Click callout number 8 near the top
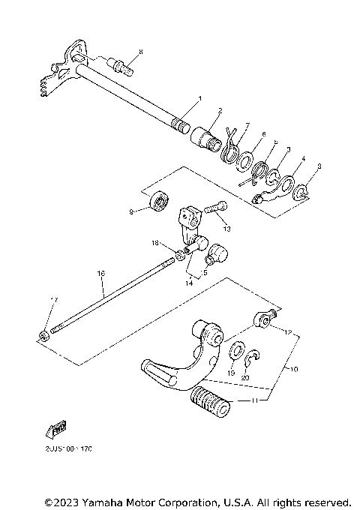click(x=140, y=51)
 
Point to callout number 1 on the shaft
click(x=199, y=99)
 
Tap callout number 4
click(x=302, y=159)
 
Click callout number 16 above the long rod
click(x=100, y=275)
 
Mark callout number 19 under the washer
click(x=232, y=372)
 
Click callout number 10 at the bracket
click(x=293, y=369)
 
